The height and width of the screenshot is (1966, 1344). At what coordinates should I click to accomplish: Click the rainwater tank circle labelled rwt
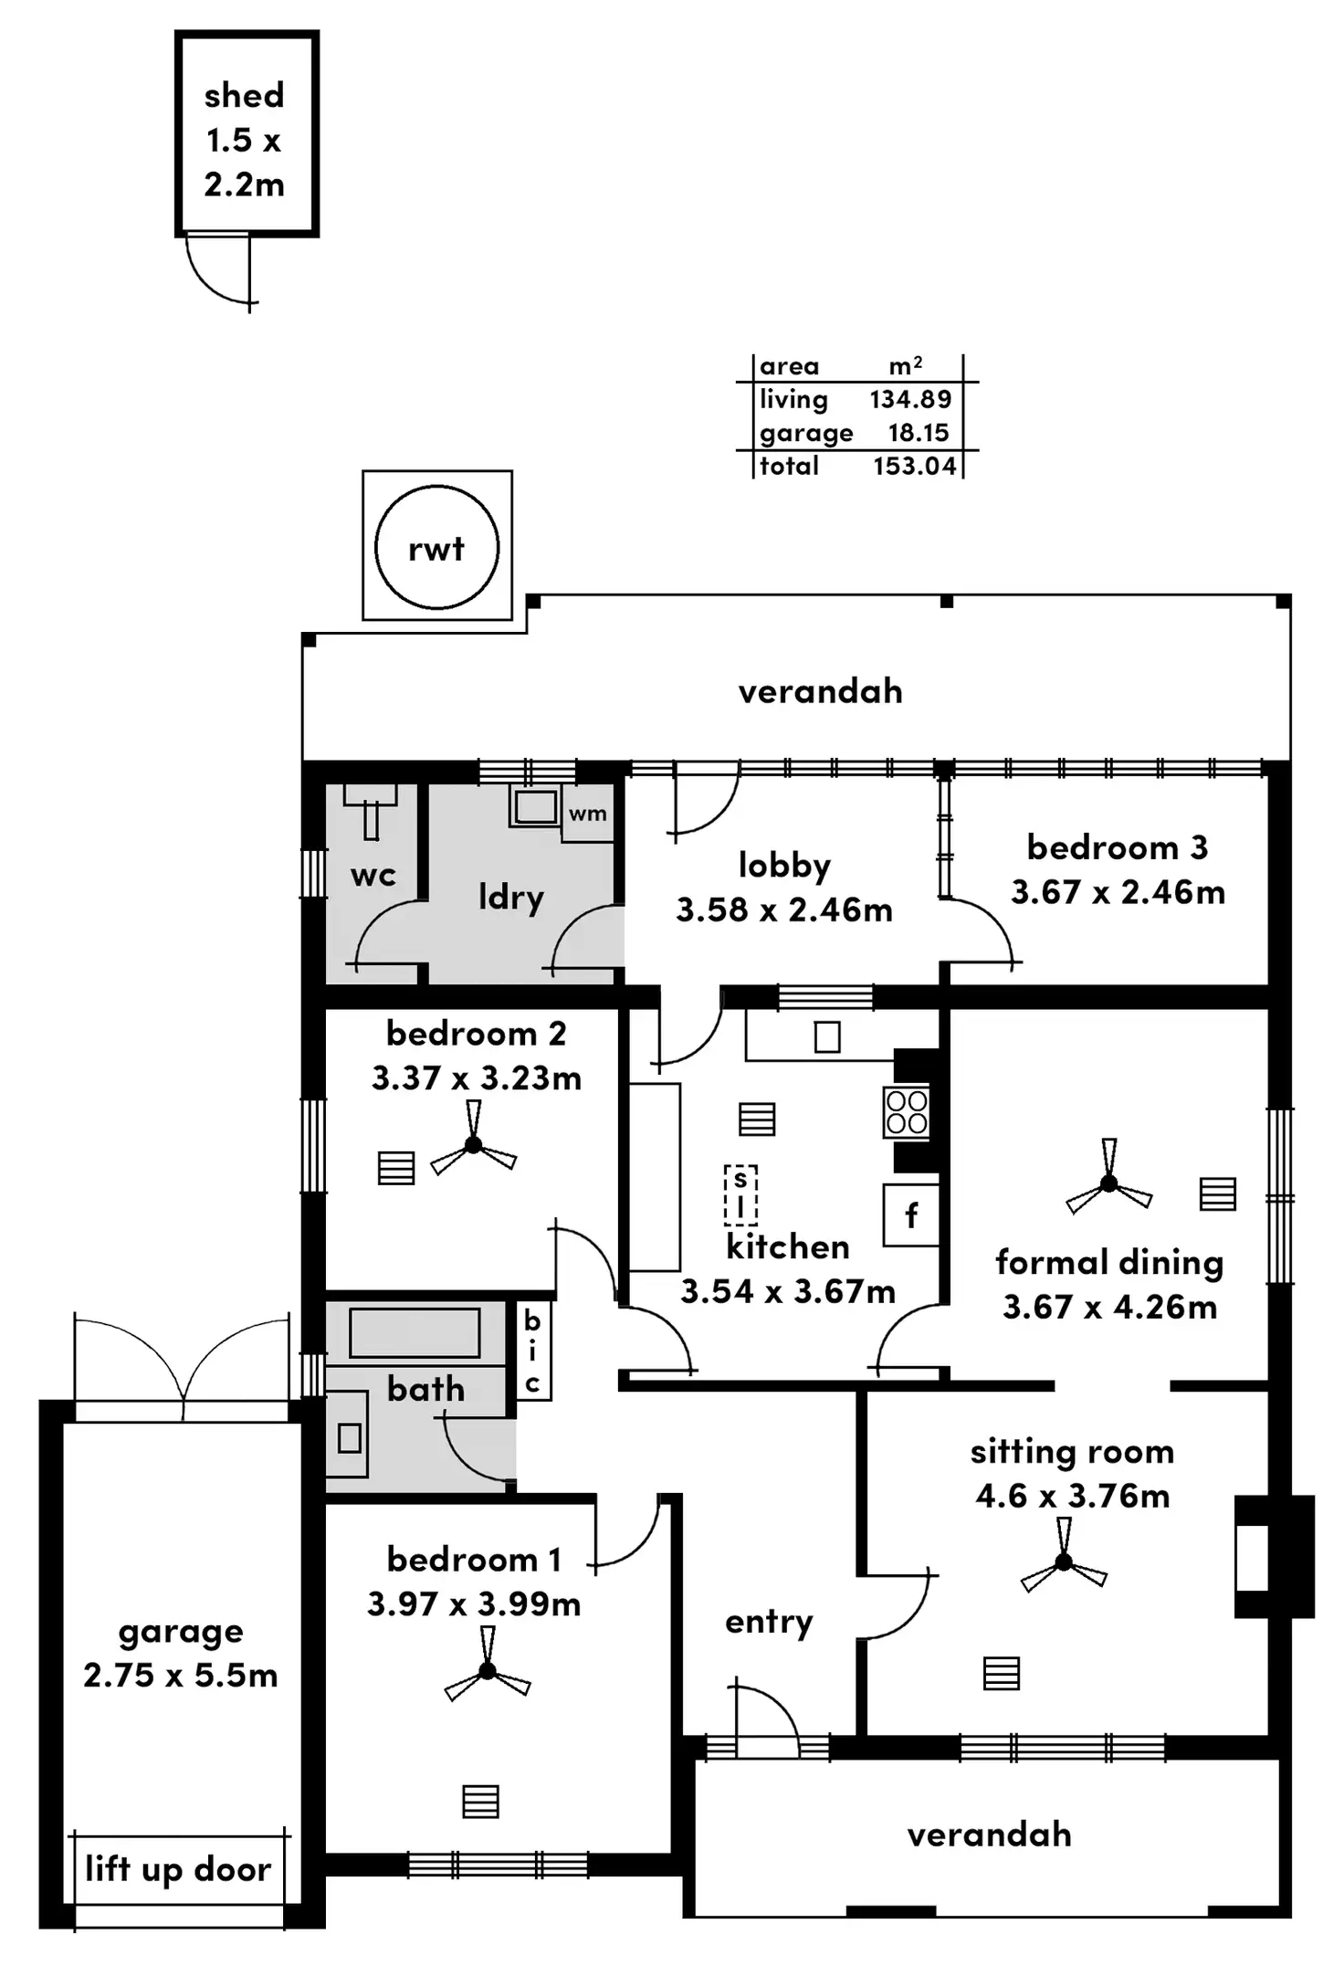point(436,547)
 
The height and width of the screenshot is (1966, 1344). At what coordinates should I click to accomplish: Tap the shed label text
point(244,95)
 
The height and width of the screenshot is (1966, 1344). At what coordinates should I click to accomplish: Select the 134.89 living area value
point(909,399)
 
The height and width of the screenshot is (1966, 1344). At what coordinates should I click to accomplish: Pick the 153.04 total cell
point(914,466)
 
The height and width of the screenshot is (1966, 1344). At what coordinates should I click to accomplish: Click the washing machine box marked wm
point(587,813)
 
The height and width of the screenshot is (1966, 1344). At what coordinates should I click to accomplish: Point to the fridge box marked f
point(910,1215)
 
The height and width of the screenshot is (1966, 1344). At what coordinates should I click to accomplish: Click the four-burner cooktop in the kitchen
point(906,1112)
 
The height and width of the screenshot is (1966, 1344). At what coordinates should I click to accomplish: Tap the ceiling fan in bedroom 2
point(473,1144)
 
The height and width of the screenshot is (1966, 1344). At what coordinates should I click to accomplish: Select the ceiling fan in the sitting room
point(1064,1562)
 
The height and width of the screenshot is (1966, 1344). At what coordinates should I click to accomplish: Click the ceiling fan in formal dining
point(1108,1183)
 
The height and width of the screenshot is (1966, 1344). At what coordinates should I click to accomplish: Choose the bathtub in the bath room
point(415,1333)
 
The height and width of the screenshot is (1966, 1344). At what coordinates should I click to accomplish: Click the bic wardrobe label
point(532,1351)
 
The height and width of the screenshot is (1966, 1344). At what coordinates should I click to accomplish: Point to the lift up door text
point(178,1868)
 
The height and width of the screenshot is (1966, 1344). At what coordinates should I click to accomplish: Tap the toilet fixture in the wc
point(371,809)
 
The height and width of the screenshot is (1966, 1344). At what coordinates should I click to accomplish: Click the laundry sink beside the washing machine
point(534,807)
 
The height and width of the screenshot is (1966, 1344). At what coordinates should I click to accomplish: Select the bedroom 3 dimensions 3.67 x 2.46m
point(1118,892)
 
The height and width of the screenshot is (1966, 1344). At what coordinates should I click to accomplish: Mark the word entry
point(769,1622)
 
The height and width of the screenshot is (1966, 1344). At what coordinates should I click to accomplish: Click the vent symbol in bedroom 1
point(480,1802)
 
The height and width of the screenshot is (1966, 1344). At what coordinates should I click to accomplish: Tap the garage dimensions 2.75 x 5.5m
point(180,1676)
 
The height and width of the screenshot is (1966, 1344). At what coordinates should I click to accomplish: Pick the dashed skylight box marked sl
point(740,1194)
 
